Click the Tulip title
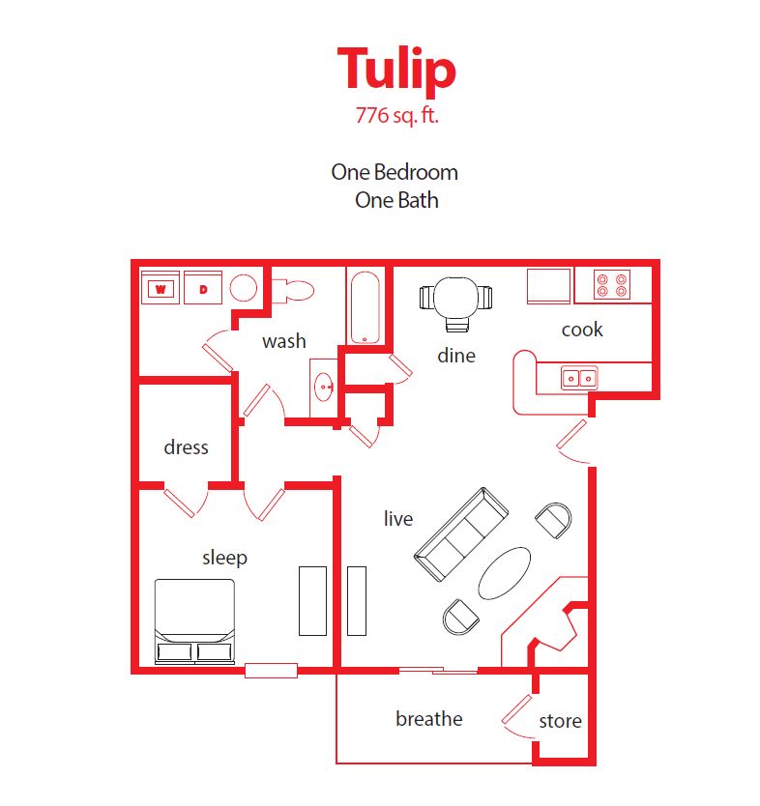[395, 70]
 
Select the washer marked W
[161, 287]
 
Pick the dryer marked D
[203, 287]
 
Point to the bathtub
[365, 307]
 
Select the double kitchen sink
[579, 378]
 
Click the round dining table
[455, 297]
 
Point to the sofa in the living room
[461, 534]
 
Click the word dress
[186, 447]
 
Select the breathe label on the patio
[428, 719]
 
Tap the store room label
[560, 721]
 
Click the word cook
[582, 330]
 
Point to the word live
[397, 519]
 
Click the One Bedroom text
[395, 172]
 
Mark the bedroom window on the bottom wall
[271, 670]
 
